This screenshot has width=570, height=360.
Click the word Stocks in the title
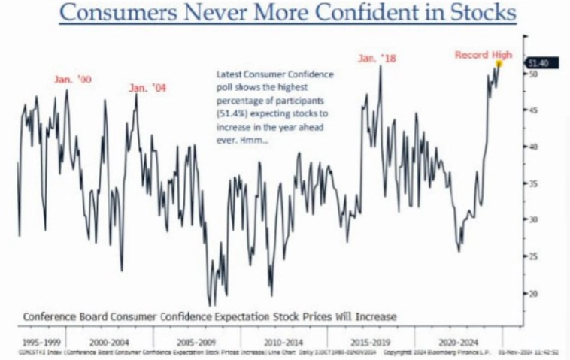(473, 14)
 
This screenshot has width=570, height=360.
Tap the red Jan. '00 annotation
(72, 79)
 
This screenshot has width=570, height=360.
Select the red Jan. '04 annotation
(147, 88)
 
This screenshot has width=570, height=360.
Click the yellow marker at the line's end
(499, 64)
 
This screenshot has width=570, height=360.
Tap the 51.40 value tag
(538, 64)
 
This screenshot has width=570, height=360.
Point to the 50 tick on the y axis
(533, 74)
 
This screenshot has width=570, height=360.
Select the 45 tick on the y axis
(533, 110)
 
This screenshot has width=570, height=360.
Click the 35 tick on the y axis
(533, 183)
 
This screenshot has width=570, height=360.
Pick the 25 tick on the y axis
(533, 256)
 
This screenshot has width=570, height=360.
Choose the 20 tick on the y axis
(533, 293)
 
